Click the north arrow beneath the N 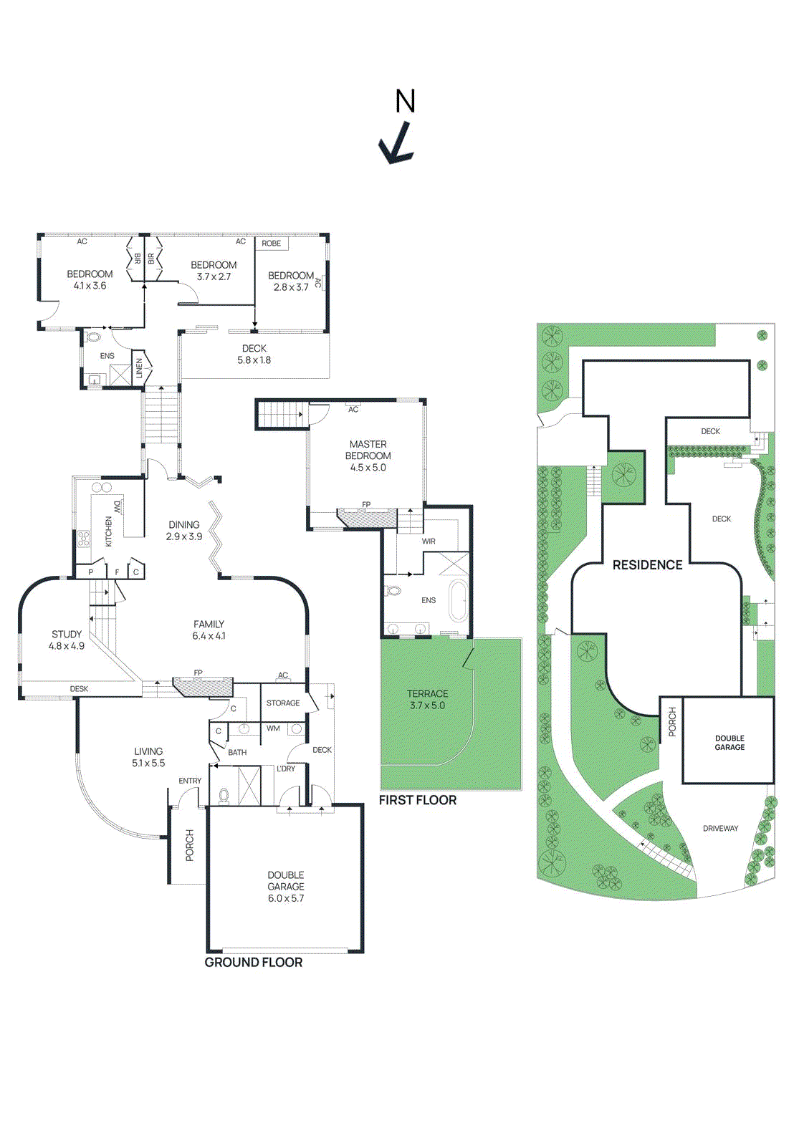pos(396,144)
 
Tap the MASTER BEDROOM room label pos(368,456)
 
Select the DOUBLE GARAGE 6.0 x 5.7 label pos(286,886)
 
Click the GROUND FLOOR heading pos(254,963)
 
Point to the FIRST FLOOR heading pos(418,800)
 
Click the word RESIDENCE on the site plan pos(647,565)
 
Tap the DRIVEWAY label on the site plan pos(720,829)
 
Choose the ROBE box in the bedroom pos(272,244)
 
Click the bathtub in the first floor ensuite pos(457,600)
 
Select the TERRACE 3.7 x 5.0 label pos(428,699)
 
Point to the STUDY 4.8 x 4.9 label pos(67,640)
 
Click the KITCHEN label pos(109,531)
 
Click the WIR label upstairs pos(429,541)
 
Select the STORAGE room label pos(283,703)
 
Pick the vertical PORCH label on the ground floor pos(190,845)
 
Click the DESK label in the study pos(79,689)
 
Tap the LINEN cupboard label pos(140,368)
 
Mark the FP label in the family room pos(198,673)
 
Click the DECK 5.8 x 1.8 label pos(254,355)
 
